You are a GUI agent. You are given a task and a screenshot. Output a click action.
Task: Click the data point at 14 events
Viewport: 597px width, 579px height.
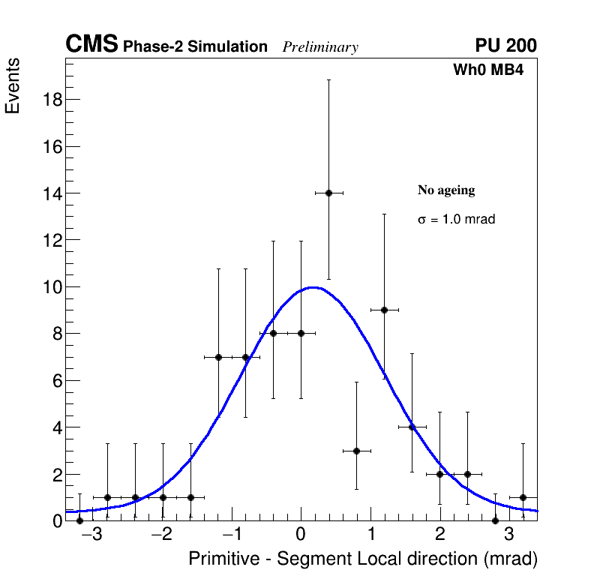point(328,193)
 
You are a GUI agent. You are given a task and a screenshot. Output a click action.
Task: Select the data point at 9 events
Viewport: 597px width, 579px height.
point(384,310)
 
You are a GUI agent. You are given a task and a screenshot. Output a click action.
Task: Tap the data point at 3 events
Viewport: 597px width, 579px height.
point(356,451)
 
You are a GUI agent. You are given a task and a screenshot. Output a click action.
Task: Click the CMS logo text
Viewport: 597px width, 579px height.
point(91,45)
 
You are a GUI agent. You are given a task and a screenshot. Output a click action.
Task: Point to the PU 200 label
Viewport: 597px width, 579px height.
point(505,46)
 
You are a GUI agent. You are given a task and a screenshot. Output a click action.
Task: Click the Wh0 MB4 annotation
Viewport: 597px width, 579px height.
point(488,70)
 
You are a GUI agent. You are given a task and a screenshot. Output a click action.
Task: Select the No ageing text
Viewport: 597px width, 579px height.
point(446,190)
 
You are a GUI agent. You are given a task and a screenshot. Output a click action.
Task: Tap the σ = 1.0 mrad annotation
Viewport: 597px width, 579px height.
point(456,220)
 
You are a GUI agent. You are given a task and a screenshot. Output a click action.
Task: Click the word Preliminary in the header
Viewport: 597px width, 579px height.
point(320,47)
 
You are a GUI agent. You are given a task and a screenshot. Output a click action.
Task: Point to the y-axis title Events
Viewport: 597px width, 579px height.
point(13,86)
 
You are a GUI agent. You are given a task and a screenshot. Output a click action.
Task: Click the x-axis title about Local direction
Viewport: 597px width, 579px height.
point(363,559)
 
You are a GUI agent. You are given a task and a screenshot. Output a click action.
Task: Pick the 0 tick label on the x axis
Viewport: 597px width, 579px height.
point(301,535)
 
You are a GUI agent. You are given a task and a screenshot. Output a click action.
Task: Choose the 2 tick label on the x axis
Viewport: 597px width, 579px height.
point(439,535)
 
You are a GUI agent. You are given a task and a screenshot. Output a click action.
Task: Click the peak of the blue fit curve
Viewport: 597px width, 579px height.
point(313,287)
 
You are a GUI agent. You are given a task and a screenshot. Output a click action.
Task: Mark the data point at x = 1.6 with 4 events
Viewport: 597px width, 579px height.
point(412,427)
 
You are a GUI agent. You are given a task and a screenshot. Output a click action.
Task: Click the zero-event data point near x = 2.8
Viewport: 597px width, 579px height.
point(495,520)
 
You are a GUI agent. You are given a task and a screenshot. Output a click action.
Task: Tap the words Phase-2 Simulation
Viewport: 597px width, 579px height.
point(195,47)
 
